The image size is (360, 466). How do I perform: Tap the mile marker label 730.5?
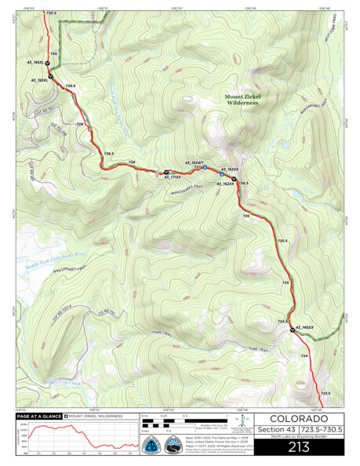click(52, 13)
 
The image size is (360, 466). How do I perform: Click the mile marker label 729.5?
click(71, 86)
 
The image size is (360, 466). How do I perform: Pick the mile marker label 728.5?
click(109, 154)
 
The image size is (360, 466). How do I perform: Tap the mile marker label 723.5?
click(324, 393)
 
